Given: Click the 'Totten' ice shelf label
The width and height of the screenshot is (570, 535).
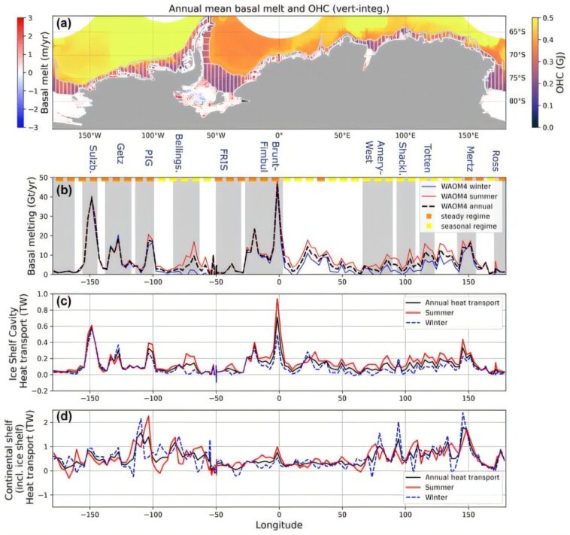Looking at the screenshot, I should click(427, 154).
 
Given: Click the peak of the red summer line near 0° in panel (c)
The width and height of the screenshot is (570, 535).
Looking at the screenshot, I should click(278, 299).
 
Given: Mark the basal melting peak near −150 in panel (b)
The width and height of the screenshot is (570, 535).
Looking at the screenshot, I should click(92, 197).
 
